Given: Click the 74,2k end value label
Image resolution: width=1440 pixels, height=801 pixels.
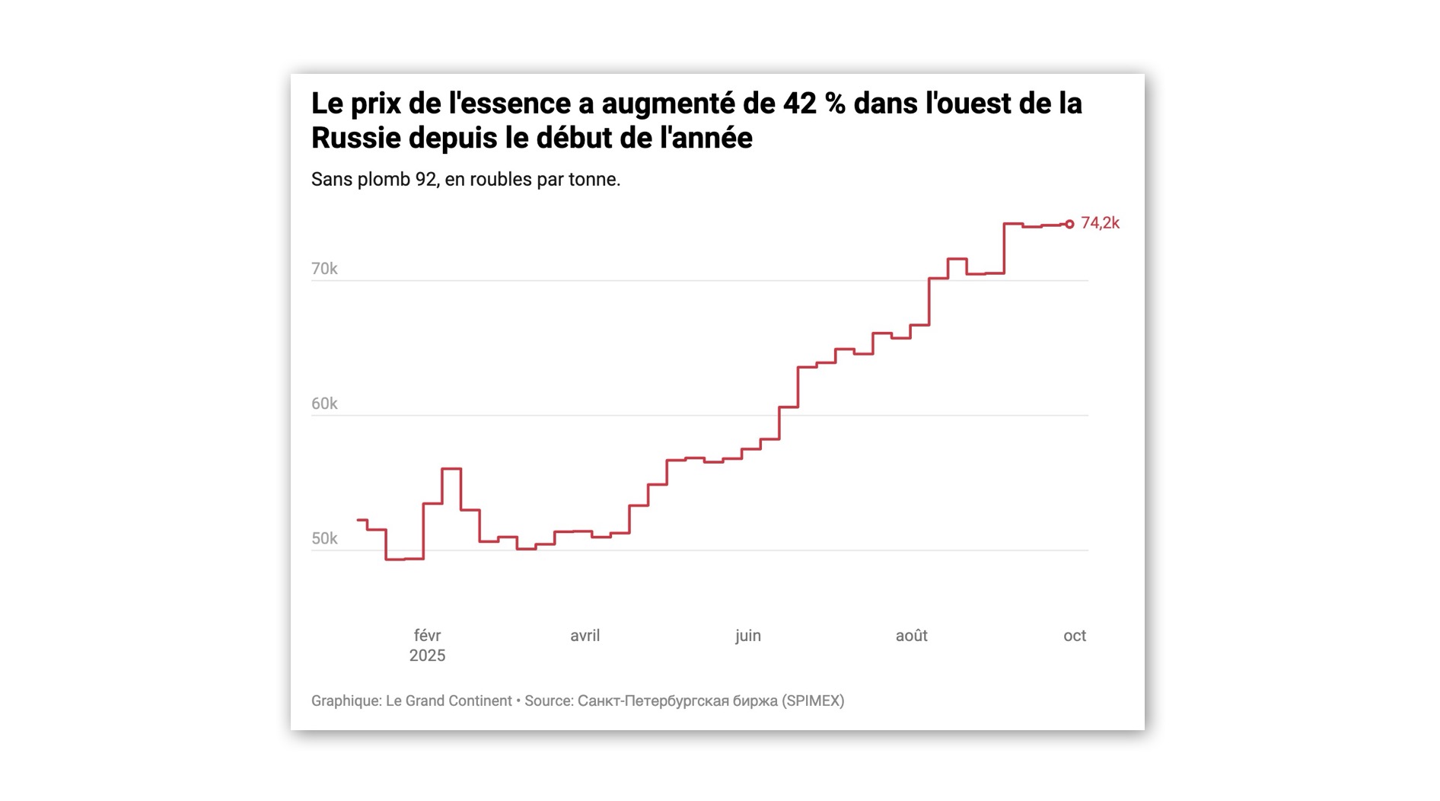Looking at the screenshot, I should pyautogui.click(x=1100, y=223).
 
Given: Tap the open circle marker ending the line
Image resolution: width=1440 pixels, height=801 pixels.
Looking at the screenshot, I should pyautogui.click(x=1069, y=224).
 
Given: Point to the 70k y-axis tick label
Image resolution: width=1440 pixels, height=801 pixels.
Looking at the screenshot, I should pyautogui.click(x=324, y=269).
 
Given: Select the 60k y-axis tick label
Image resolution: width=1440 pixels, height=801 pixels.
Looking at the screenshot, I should pyautogui.click(x=324, y=404).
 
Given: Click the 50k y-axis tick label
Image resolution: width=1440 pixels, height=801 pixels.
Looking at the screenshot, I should pyautogui.click(x=324, y=538).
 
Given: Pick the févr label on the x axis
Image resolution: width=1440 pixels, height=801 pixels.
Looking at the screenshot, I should pyautogui.click(x=427, y=635).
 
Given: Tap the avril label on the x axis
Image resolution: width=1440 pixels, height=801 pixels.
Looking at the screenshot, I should pyautogui.click(x=585, y=635).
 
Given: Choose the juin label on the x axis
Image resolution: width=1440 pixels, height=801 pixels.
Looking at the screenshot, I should pyautogui.click(x=747, y=635).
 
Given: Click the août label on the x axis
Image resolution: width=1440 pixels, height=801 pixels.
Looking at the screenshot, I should pyautogui.click(x=911, y=635).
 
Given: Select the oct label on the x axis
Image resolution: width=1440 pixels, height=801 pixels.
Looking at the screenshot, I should pyautogui.click(x=1074, y=635).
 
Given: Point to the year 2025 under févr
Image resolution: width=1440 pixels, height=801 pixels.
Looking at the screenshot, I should pyautogui.click(x=427, y=656).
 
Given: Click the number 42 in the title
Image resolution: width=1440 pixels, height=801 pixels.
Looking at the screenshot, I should pyautogui.click(x=799, y=104).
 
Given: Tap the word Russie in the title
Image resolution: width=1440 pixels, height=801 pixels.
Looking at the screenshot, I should pyautogui.click(x=355, y=139).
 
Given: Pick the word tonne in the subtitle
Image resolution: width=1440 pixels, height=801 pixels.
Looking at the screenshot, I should pyautogui.click(x=597, y=180).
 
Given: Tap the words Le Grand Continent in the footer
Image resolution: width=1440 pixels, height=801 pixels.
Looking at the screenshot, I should pyautogui.click(x=448, y=700).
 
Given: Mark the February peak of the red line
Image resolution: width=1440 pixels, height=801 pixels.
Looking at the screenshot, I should pyautogui.click(x=451, y=469).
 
